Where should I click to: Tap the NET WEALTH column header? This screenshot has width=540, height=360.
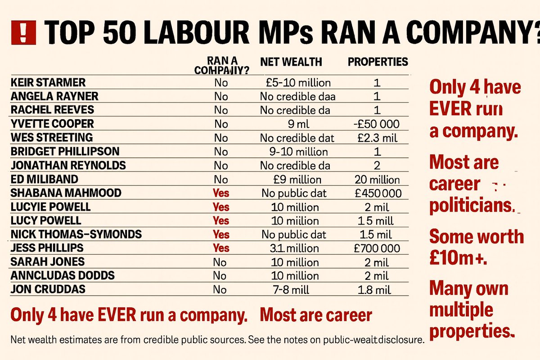tap(291, 62)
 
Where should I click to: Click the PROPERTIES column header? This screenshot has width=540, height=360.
tap(378, 62)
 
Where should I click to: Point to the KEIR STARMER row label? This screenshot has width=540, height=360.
tap(48, 82)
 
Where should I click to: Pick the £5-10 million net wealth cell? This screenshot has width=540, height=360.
tap(298, 83)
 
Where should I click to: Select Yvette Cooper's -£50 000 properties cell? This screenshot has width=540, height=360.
tap(377, 124)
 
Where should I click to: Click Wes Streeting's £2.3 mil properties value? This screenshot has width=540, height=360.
tap(377, 138)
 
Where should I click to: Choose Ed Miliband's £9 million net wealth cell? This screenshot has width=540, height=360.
tap(297, 180)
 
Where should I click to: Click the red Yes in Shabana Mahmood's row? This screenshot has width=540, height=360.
tap(221, 193)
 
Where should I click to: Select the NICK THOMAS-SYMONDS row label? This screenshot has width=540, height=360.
tap(76, 234)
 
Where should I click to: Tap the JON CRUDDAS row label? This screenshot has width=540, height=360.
tap(48, 289)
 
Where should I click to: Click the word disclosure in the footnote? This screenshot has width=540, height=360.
tap(398, 340)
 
